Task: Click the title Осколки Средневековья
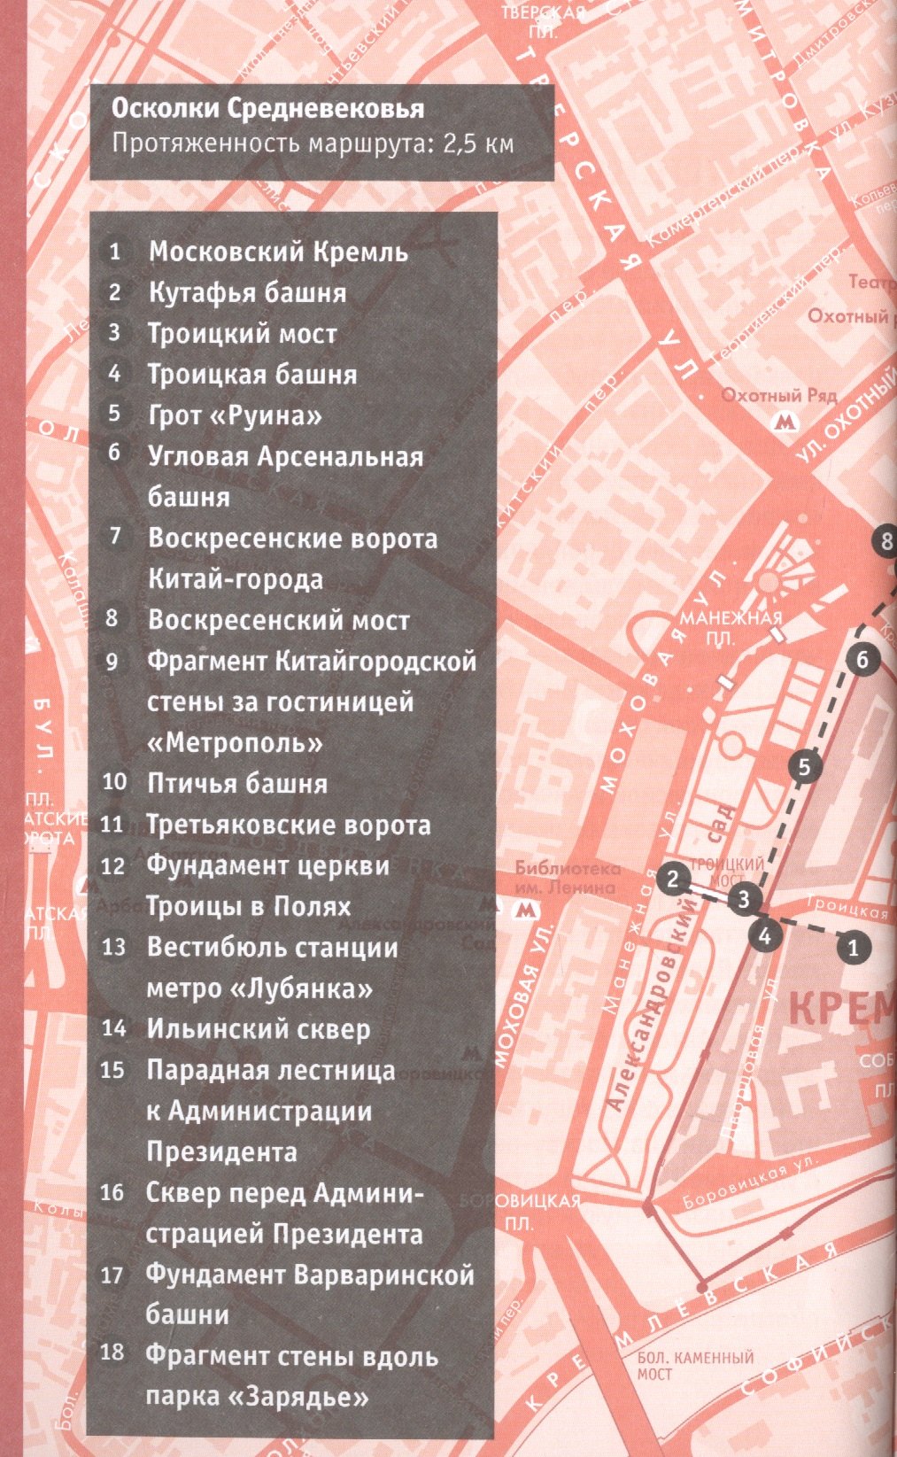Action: click(267, 110)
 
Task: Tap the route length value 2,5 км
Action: click(478, 143)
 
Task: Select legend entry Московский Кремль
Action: click(278, 252)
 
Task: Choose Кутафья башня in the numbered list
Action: click(247, 292)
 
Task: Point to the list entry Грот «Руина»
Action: click(235, 415)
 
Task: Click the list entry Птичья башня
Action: click(237, 783)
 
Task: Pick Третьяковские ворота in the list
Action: click(289, 825)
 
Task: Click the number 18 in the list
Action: click(112, 1353)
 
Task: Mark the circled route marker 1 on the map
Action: click(853, 948)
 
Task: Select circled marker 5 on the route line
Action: click(804, 766)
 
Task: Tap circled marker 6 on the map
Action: click(862, 659)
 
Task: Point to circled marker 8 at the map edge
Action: click(885, 539)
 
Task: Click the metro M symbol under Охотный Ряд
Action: click(783, 422)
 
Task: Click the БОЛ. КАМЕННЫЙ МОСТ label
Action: click(694, 1365)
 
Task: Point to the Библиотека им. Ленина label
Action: click(568, 878)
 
